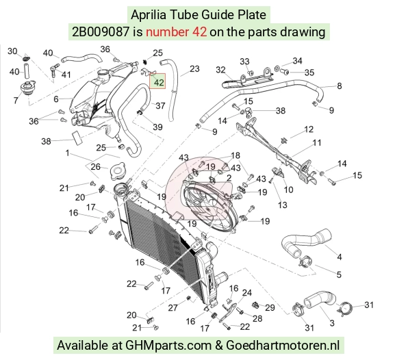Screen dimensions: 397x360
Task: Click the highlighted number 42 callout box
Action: coord(157,81)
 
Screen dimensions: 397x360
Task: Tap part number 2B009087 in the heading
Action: coord(101,32)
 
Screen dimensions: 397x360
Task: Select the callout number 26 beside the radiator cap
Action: coord(95,167)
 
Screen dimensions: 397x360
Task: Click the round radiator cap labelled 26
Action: coord(117,171)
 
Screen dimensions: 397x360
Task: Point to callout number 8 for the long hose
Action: coord(340,86)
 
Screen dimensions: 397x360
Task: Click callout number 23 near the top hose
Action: coord(194,69)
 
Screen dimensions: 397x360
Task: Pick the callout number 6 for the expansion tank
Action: coord(56,99)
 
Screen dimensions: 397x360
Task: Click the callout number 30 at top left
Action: coord(12,51)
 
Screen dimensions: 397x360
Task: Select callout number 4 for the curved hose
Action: coord(340,257)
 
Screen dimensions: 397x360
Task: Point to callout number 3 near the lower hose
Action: coord(332,323)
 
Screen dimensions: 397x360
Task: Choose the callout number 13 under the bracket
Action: coord(282,205)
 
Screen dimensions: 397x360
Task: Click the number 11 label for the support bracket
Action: coord(317,143)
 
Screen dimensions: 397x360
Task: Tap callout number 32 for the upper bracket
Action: coord(220,70)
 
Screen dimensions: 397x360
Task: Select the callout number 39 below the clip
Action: coord(157,127)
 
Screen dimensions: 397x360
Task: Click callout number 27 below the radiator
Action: coord(173,307)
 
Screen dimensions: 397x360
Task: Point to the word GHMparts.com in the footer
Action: coord(168,345)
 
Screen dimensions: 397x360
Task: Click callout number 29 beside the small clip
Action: coord(270,307)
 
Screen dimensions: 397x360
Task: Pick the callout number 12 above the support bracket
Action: coord(309,129)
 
